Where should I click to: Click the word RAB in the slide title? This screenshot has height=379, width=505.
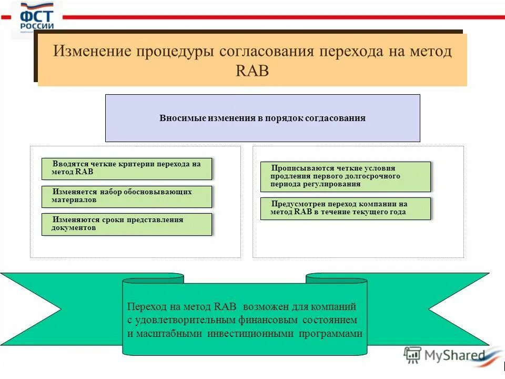point(252,71)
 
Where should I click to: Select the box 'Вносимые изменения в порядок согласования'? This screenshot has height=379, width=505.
point(262,118)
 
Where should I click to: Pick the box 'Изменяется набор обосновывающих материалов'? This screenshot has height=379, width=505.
point(127,196)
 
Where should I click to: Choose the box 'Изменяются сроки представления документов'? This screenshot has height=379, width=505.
point(127,224)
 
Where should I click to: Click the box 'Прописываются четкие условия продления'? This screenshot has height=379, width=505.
point(345,176)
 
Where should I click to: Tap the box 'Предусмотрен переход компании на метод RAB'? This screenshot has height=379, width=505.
point(345,208)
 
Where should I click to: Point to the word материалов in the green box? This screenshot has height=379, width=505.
point(74,201)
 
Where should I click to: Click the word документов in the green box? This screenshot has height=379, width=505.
point(74,228)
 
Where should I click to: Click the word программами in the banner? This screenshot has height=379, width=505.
point(331,334)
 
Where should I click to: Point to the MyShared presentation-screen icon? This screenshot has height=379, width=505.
point(412,355)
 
